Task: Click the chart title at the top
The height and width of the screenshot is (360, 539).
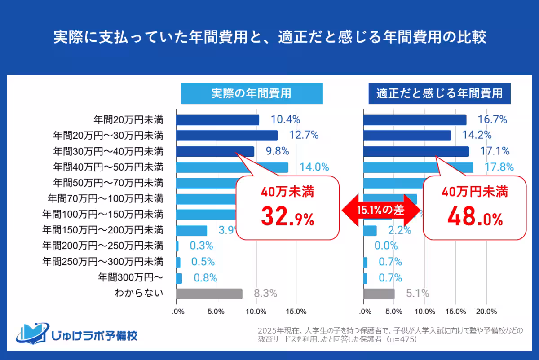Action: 269,37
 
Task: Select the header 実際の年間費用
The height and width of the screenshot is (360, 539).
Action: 251,93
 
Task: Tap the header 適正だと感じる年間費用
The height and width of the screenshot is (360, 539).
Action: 439,93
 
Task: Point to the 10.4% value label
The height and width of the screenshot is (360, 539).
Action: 285,120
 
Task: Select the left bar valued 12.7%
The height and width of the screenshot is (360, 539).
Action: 227,135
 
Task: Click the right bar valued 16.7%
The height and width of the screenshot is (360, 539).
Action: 414,120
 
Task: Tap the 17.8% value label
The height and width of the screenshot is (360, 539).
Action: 499,167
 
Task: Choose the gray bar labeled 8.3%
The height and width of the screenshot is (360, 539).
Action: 209,294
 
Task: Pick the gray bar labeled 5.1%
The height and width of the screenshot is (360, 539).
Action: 379,294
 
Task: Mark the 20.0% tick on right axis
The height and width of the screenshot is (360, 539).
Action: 486,312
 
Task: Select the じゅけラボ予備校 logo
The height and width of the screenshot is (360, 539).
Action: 77,334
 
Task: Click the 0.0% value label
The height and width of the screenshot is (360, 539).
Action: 386,246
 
